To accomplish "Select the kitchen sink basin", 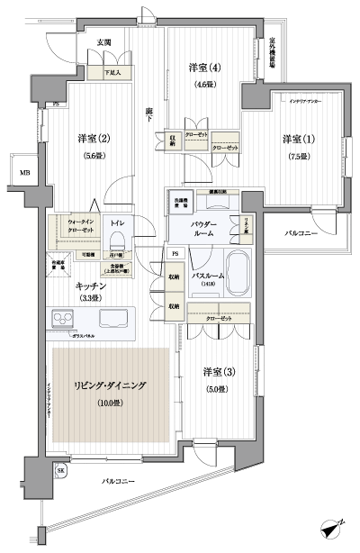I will click(115, 318).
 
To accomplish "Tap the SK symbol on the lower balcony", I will click(61, 471).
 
